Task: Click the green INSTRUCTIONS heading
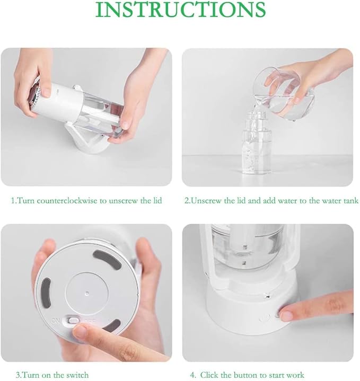(180, 9)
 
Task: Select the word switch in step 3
(76, 375)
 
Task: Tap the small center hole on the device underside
(87, 294)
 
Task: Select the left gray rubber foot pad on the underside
(46, 293)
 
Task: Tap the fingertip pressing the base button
(286, 315)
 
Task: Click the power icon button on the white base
(264, 317)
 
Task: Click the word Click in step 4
(209, 375)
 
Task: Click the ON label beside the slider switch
(56, 321)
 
